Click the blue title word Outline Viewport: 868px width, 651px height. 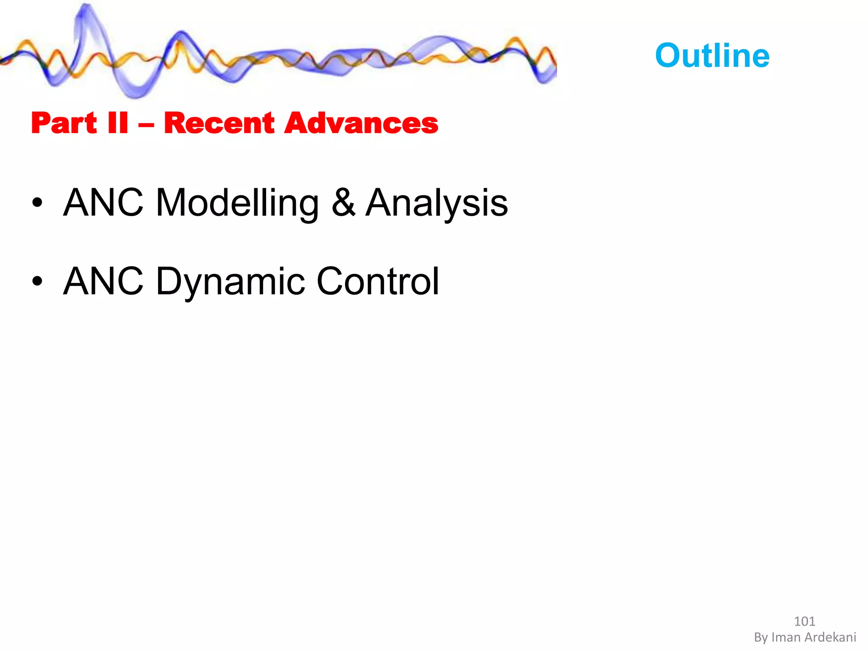(712, 56)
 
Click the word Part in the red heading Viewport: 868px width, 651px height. (64, 123)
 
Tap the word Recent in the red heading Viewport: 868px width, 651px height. (219, 123)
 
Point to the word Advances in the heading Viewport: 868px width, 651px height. (361, 123)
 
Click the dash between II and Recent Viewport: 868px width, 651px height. (146, 125)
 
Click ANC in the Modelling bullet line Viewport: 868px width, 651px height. (103, 203)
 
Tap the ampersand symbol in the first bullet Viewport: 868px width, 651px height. (343, 203)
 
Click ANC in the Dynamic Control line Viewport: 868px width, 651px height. (103, 281)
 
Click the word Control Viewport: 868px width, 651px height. (378, 281)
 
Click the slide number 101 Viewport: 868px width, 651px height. (804, 621)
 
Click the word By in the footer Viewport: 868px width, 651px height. (761, 637)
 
